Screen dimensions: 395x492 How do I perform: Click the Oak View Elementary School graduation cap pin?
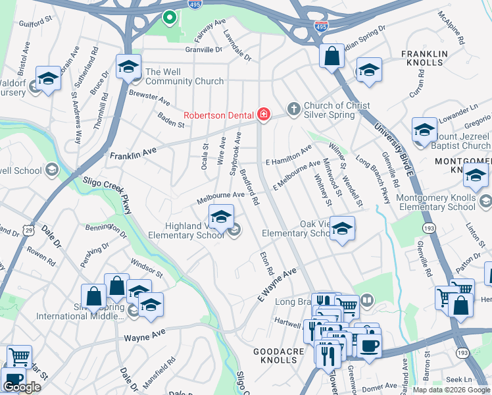point(342,228)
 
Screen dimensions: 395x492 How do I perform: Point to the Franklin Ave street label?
point(134,154)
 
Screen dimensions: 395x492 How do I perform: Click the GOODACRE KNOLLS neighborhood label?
point(279,357)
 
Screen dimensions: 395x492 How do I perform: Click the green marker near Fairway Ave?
point(170,18)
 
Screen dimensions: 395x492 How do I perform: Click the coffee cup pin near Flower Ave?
point(369,346)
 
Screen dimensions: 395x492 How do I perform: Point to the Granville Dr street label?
point(204,49)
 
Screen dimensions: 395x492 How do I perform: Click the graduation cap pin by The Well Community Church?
point(129,66)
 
